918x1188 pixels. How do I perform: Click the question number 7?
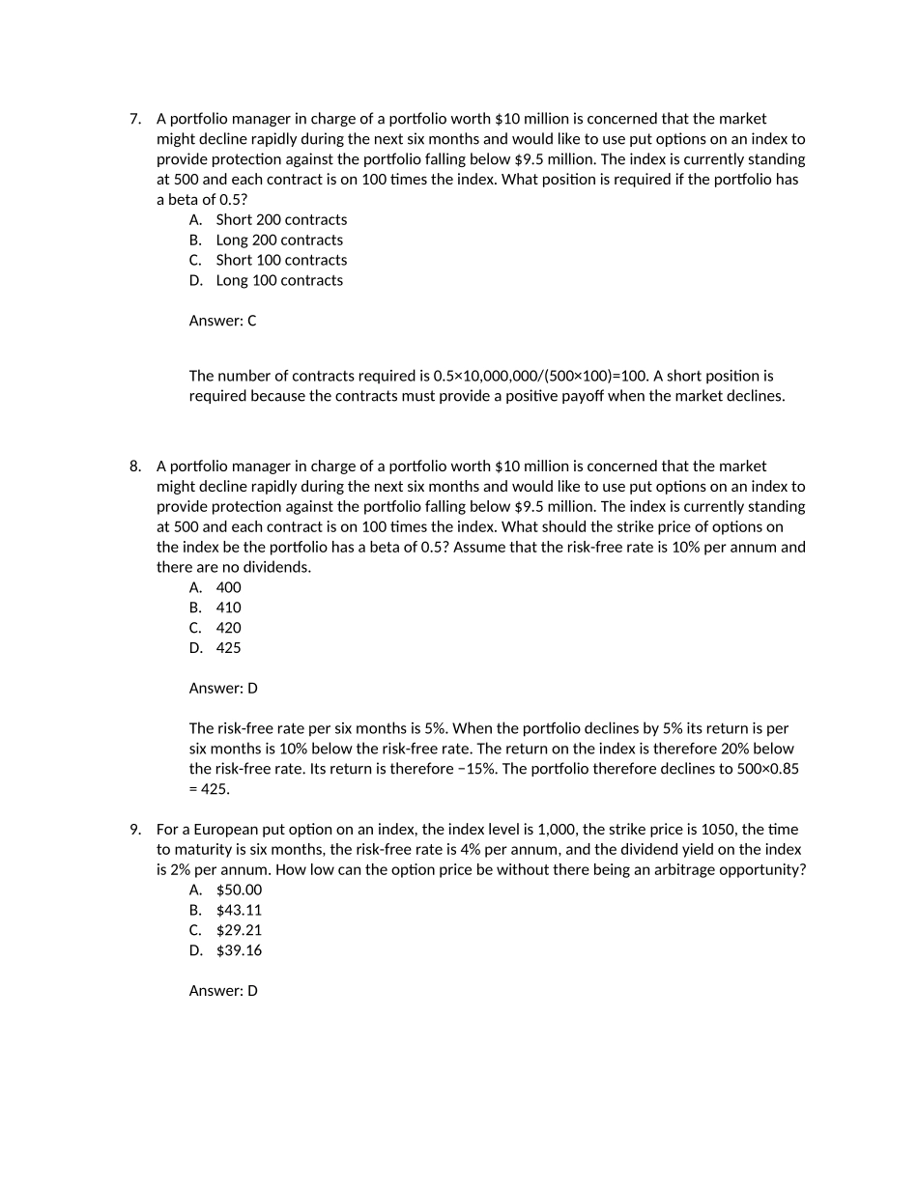click(x=134, y=119)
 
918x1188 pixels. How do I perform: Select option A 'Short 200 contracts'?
click(x=280, y=219)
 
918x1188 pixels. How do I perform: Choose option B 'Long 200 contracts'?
click(x=278, y=240)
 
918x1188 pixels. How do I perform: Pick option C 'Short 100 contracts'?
click(x=280, y=260)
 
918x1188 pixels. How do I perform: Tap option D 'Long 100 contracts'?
click(x=278, y=280)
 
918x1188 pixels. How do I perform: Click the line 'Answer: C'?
click(x=222, y=321)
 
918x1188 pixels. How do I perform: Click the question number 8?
click(x=134, y=467)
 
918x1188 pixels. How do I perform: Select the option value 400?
click(x=228, y=587)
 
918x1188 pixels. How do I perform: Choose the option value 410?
click(x=228, y=608)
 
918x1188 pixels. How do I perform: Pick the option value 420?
click(x=228, y=628)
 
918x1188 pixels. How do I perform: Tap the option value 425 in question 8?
click(x=228, y=648)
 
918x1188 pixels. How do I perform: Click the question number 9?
click(x=134, y=830)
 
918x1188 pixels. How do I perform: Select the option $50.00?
click(x=239, y=890)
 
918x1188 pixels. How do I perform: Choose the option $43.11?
click(x=239, y=910)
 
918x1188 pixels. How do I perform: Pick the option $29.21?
click(x=239, y=930)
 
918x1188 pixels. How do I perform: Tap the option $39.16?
click(x=239, y=950)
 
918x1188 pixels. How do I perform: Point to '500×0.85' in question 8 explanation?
click(x=768, y=769)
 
